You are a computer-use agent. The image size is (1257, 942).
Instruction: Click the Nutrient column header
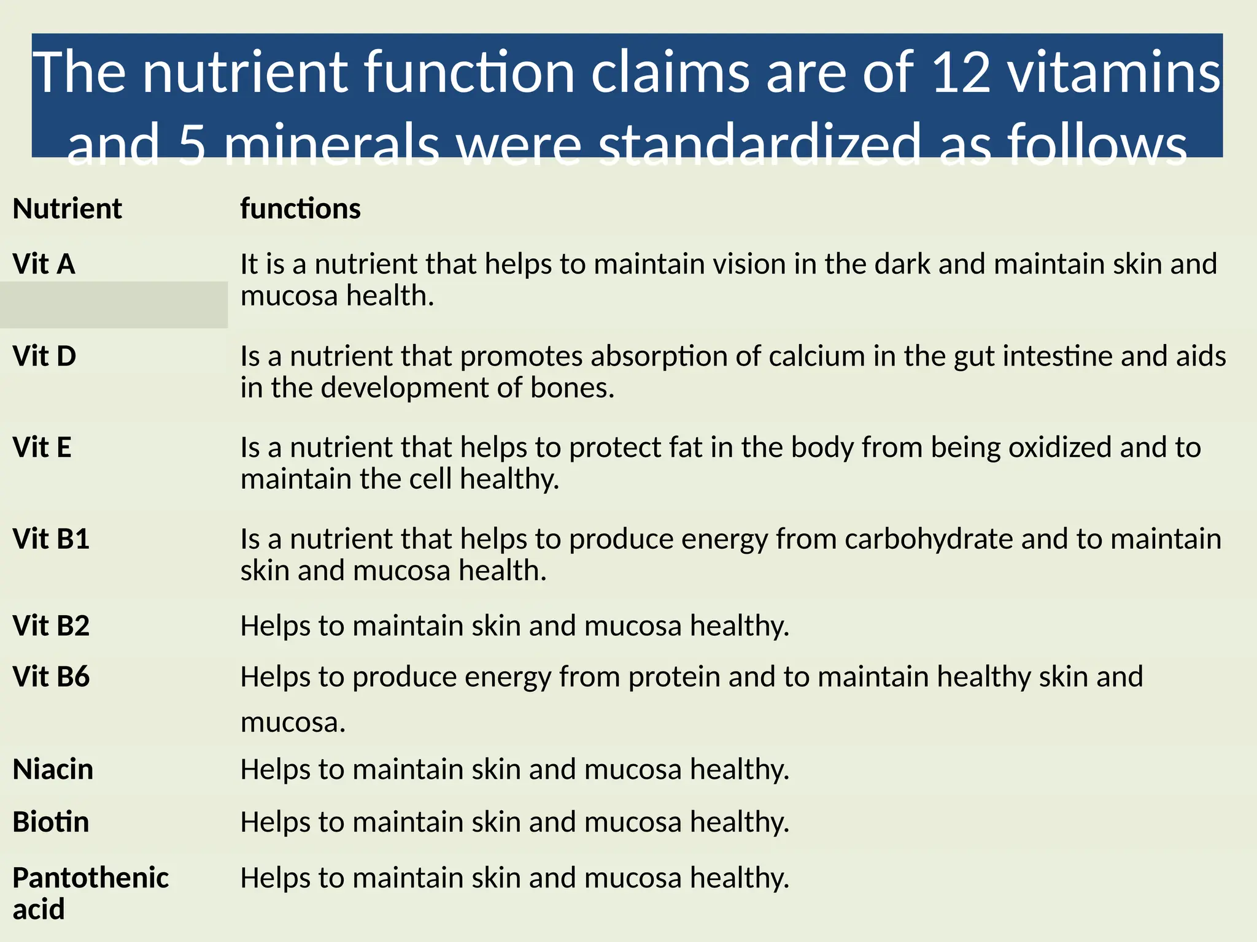[x=67, y=209]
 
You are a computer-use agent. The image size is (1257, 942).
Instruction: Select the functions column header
[x=300, y=209]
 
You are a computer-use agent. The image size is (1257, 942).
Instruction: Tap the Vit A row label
[x=44, y=264]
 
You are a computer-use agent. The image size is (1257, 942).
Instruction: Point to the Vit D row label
[x=44, y=356]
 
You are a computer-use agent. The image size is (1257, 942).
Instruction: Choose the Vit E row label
[x=42, y=448]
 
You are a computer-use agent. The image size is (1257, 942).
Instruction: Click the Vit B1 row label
[x=51, y=539]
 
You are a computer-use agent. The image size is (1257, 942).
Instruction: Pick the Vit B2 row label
[x=51, y=626]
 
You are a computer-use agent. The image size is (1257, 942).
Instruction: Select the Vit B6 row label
[x=51, y=677]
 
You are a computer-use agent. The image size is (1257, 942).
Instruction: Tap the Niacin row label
[x=53, y=770]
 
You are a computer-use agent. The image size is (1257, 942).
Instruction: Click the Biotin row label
[x=51, y=822]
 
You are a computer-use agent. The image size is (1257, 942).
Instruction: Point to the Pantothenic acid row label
[x=90, y=893]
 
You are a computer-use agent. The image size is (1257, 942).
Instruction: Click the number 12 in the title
[x=961, y=72]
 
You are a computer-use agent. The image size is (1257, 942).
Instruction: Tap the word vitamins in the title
[x=1114, y=72]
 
